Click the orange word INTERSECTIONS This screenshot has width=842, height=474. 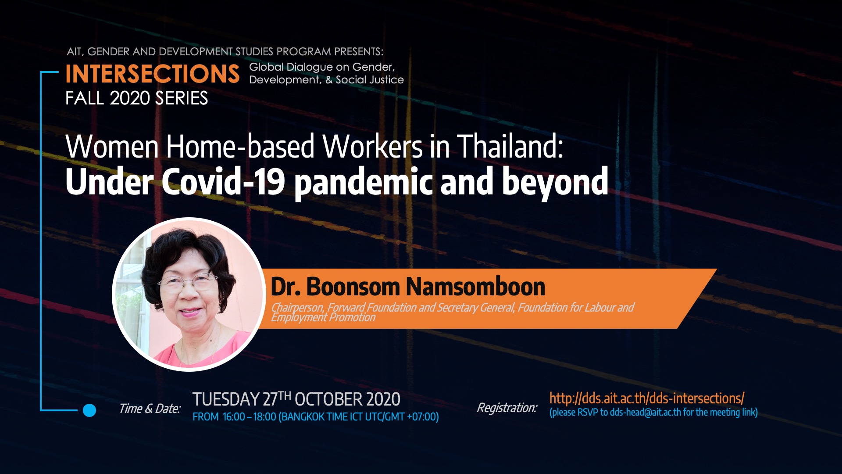click(x=153, y=74)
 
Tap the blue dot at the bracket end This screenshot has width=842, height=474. click(x=89, y=410)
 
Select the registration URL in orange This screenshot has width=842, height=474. click(x=647, y=399)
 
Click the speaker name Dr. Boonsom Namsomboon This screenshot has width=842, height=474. click(x=408, y=287)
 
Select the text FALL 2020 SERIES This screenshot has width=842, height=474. click(x=136, y=98)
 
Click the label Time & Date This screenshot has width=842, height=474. click(x=150, y=409)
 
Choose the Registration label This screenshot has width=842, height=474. click(x=507, y=408)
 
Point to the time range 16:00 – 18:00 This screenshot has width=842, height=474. click(x=250, y=417)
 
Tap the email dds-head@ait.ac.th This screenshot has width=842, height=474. click(x=646, y=412)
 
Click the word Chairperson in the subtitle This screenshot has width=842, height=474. click(x=297, y=308)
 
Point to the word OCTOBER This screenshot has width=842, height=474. click(x=328, y=399)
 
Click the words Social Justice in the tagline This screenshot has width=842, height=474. click(x=370, y=80)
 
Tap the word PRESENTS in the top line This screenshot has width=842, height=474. click(x=359, y=51)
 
